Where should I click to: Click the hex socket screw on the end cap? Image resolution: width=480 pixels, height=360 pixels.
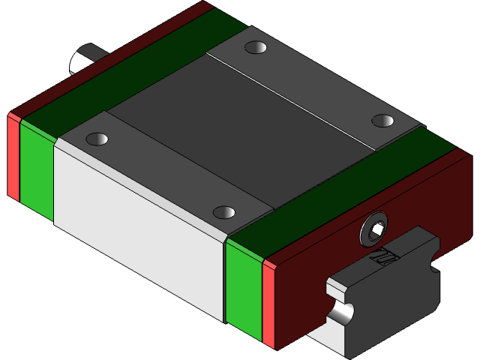point(374,231)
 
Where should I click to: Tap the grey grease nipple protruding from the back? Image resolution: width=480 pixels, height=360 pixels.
point(83,60)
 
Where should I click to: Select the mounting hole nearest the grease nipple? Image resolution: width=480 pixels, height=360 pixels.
point(98,139)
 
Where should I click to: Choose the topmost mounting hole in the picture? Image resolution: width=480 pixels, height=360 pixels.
point(256,48)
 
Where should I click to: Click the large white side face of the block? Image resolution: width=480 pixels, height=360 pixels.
point(139,232)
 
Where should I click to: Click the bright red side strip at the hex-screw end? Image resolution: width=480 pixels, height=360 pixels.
point(268,304)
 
